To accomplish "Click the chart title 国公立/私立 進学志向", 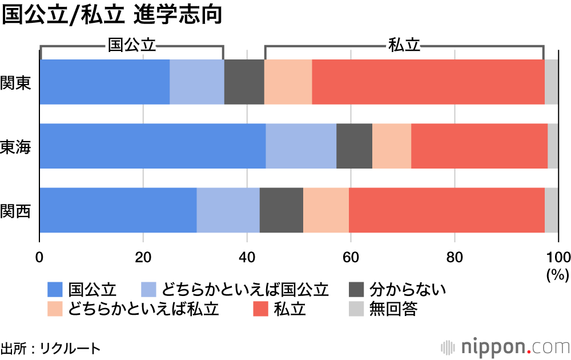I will (111, 15).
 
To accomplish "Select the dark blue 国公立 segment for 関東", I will (104, 82).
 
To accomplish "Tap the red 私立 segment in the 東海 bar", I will (479, 146).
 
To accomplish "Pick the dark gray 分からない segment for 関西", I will (281, 210).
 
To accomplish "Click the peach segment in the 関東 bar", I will (288, 82).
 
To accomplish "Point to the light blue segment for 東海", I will (301, 146).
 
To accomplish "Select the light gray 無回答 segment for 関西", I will (551, 210).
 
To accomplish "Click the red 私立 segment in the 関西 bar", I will (447, 210).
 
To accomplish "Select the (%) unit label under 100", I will (558, 275).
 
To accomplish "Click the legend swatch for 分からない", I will (356, 290).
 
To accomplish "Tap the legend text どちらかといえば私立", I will (143, 309).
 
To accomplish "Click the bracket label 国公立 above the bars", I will (132, 46).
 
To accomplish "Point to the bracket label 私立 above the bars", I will (404, 46).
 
